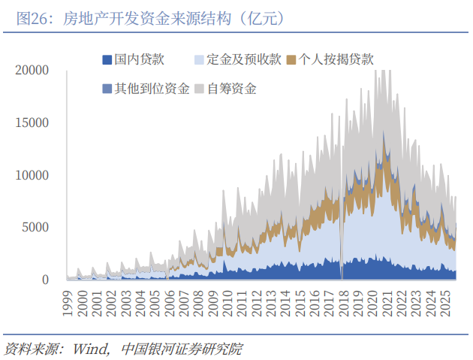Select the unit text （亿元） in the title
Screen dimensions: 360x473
[x=263, y=17]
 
